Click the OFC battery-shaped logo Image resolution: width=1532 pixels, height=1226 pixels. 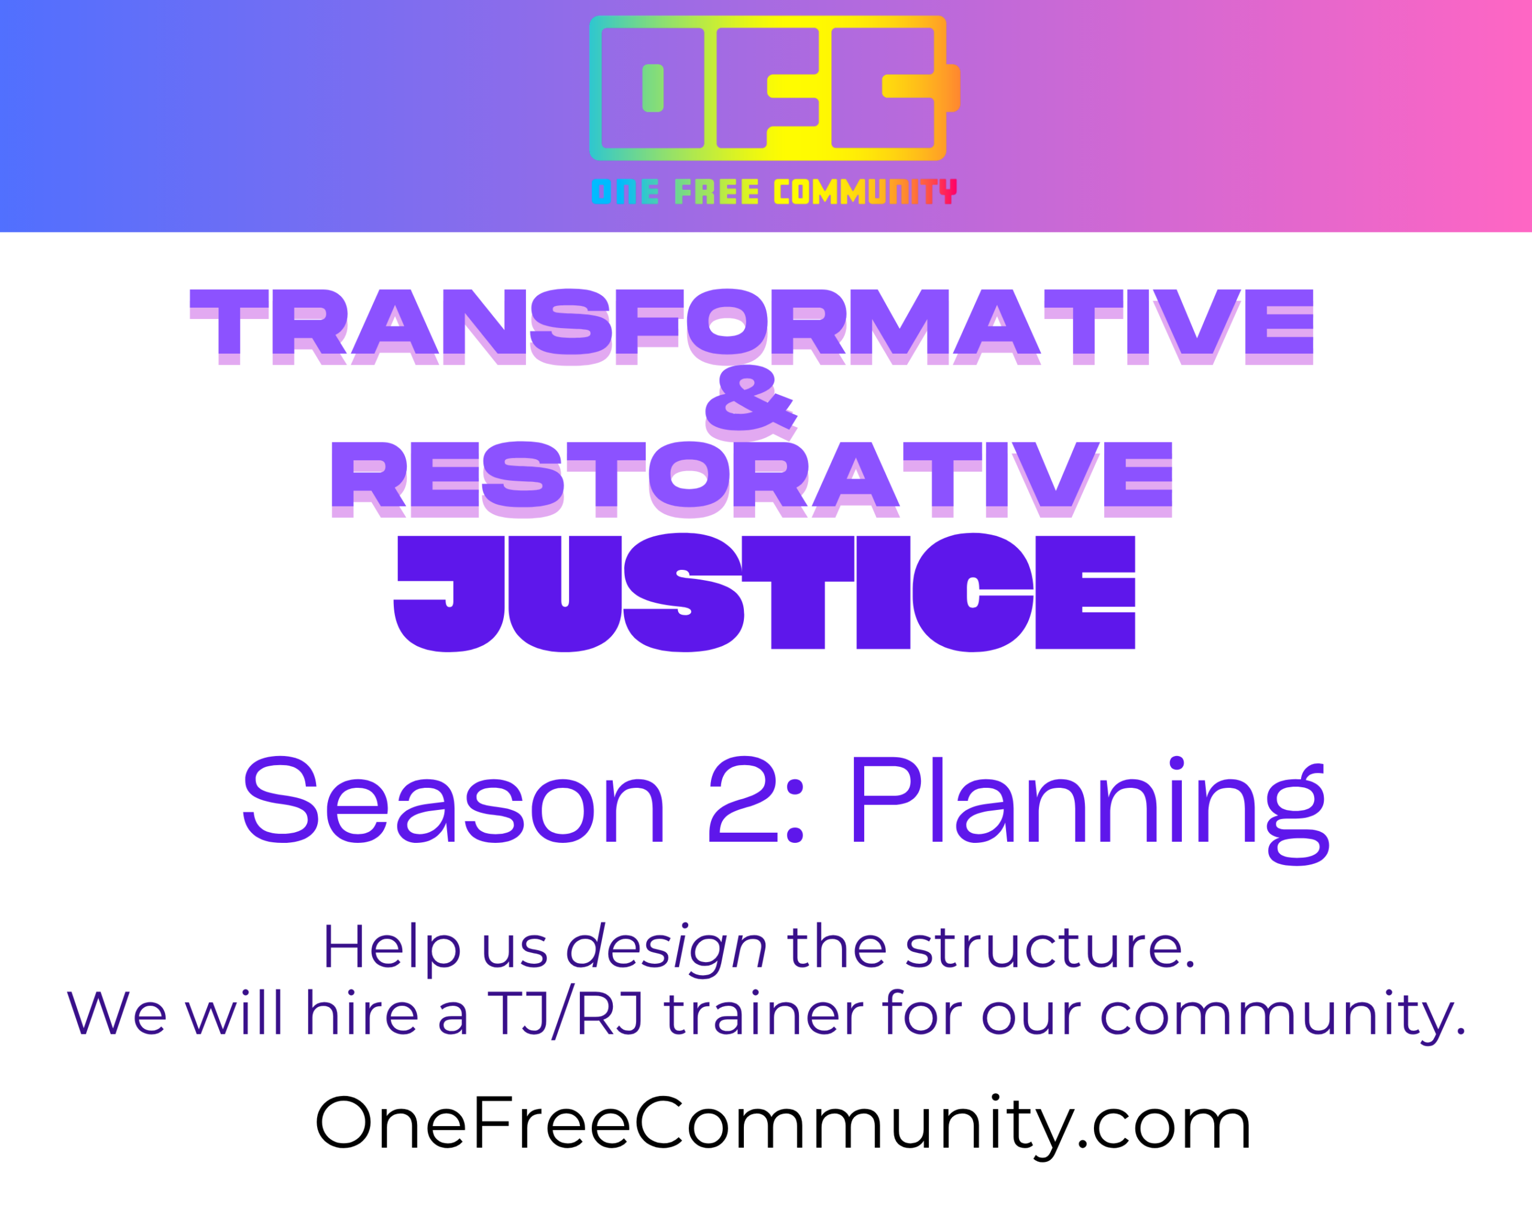[x=774, y=88]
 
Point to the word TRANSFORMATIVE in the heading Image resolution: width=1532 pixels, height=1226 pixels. [x=751, y=326]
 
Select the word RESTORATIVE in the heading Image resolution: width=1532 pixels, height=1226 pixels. [x=751, y=480]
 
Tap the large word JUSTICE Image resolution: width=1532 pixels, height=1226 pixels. [x=764, y=592]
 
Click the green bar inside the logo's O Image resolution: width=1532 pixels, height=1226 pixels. [x=653, y=88]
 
